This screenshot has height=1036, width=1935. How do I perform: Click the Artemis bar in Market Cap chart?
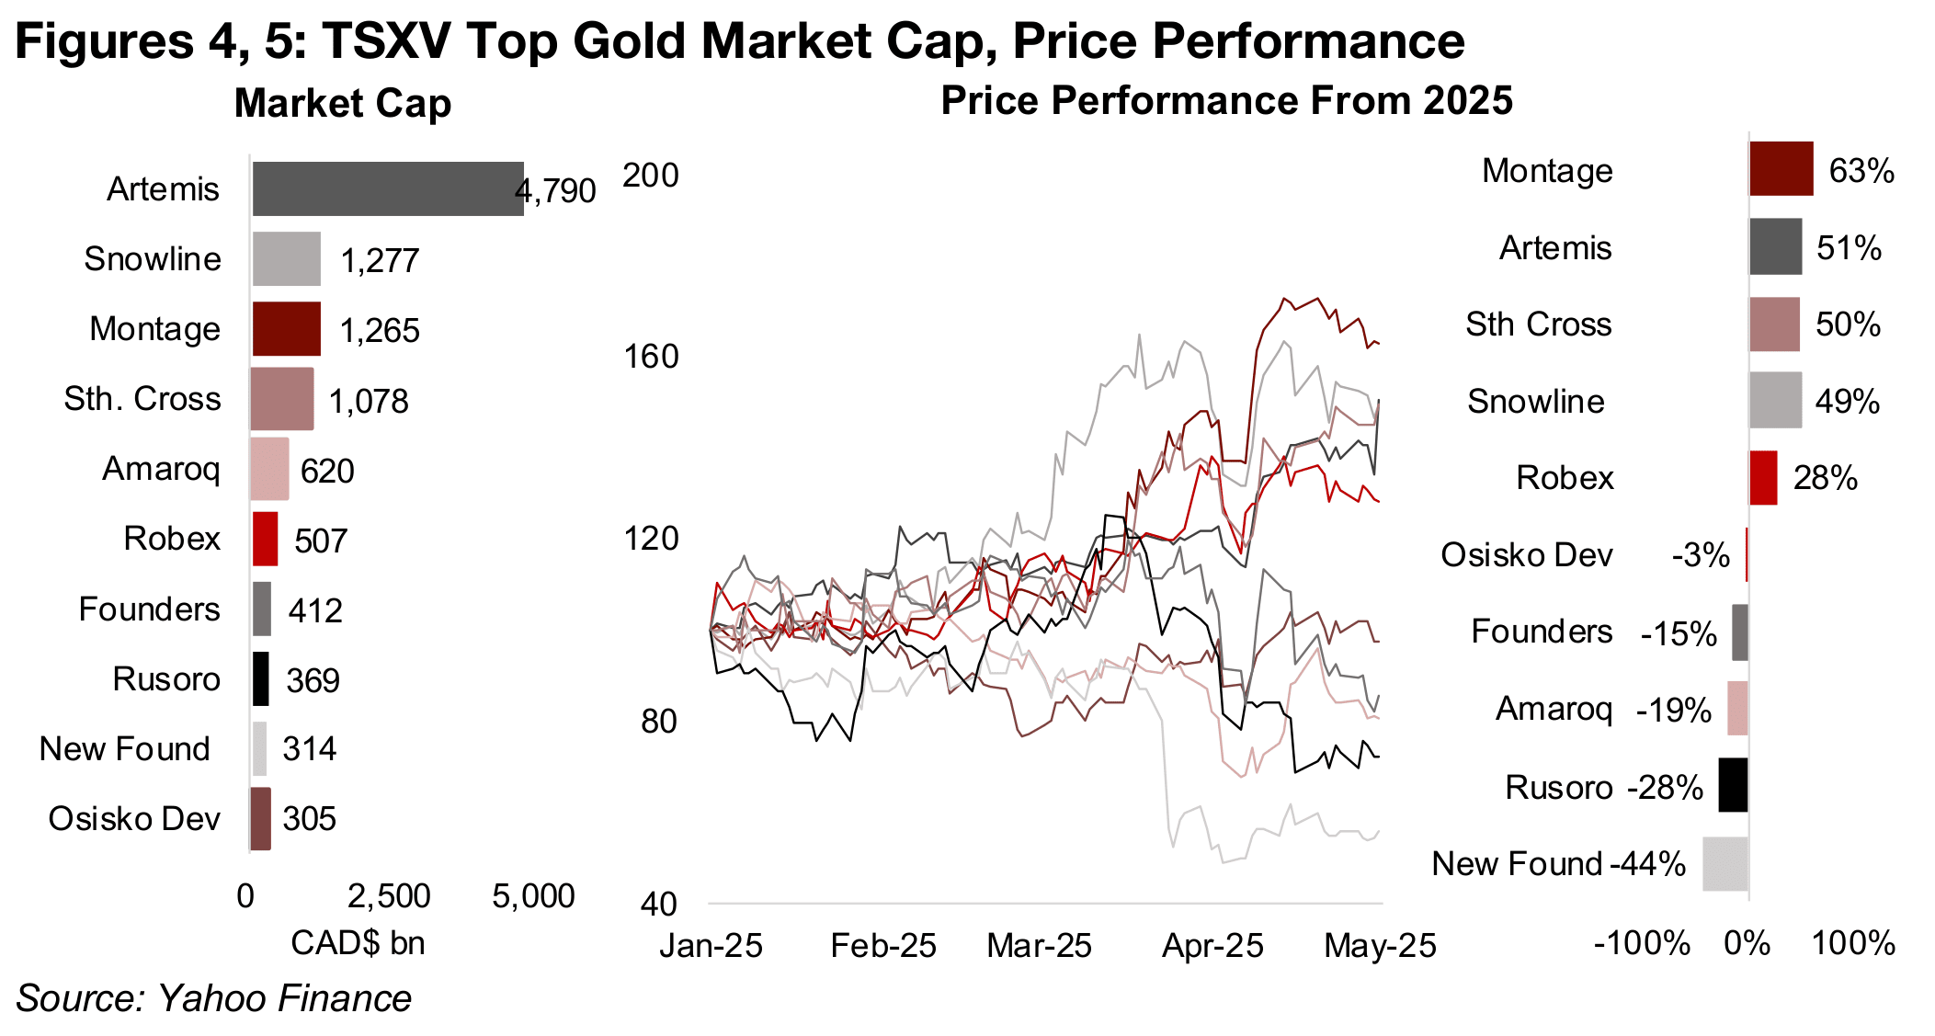coord(387,189)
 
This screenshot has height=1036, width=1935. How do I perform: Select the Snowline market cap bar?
coord(287,259)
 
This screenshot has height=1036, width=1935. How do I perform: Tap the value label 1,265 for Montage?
coord(380,331)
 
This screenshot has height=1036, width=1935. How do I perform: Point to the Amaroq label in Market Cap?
coord(161,469)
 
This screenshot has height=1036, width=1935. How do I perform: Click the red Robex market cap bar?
coord(265,539)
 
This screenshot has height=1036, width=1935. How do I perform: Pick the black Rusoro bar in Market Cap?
coord(261,679)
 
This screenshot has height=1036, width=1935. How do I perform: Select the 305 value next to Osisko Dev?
coord(310,819)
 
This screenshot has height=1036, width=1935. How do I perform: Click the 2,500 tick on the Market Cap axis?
coord(389,896)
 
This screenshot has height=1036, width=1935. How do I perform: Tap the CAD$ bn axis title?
coord(358,943)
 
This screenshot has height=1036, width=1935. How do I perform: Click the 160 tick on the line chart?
coord(651,357)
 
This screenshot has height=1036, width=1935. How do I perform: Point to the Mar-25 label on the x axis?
coord(1039,946)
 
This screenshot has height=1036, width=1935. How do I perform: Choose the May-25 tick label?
coord(1379,946)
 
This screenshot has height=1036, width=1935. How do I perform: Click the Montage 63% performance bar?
coord(1781,169)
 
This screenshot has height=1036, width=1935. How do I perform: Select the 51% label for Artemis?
coord(1849,248)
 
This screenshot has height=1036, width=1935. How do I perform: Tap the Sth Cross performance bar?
coord(1773,324)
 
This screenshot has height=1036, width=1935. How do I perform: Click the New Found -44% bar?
coord(1724,864)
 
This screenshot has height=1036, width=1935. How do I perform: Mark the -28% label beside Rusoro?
coord(1665,788)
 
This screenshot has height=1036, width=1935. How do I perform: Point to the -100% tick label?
coord(1641,943)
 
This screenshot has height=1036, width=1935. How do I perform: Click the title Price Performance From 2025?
coord(1226,100)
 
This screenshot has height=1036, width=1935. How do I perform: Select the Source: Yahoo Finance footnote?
coord(213,998)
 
